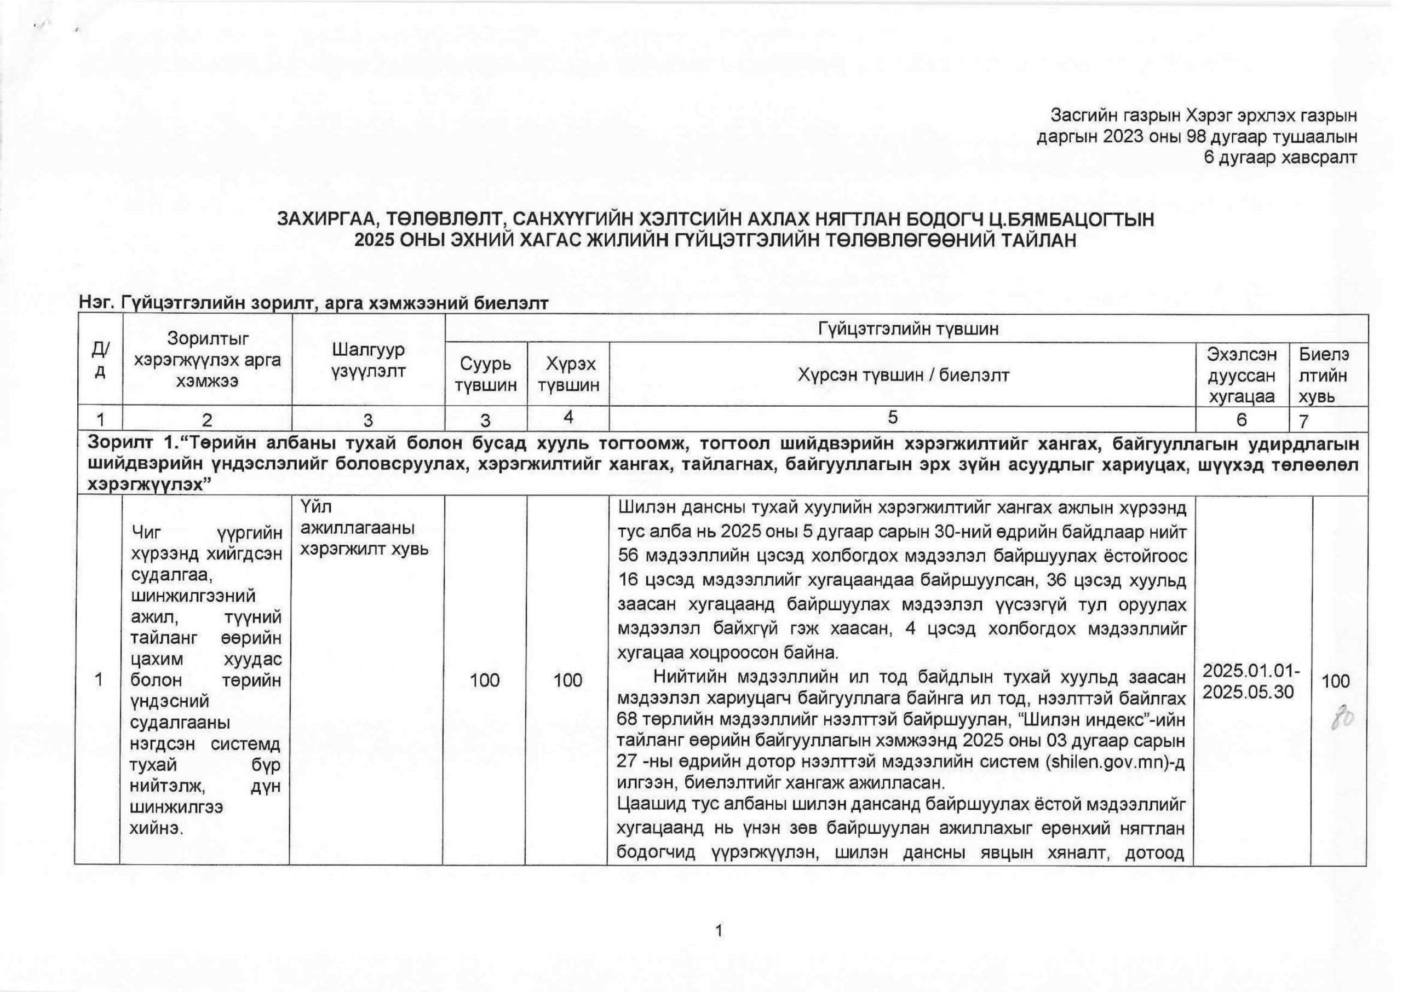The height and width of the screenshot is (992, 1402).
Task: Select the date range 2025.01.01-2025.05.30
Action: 1250,681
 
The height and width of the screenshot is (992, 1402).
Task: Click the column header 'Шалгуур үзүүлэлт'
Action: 369,360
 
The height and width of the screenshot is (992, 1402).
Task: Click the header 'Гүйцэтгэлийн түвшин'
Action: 907,328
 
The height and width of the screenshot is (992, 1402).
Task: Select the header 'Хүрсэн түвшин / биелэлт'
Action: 903,375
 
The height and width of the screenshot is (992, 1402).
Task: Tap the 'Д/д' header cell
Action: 100,360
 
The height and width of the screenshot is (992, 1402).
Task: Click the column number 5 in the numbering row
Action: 893,417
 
